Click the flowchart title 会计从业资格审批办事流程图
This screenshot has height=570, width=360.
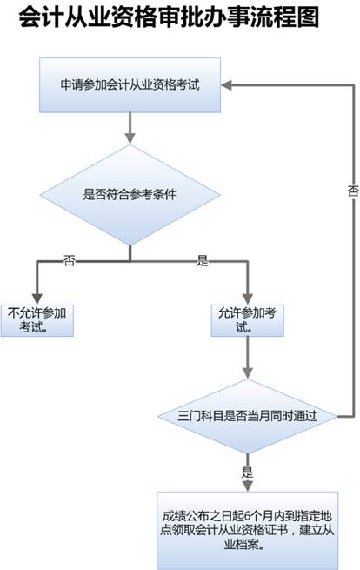pos(169,17)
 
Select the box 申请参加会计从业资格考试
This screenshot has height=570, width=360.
pos(130,84)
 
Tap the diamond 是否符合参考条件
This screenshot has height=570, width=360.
pos(130,194)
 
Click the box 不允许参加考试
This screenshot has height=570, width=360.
pos(37,320)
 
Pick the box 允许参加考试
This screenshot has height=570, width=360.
pos(247,320)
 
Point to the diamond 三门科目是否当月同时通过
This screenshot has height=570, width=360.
pos(247,416)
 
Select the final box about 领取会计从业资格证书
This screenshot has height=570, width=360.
pos(247,530)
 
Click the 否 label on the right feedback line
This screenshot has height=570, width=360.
pos(353,191)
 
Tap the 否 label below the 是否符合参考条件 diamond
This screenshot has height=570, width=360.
pos(69,260)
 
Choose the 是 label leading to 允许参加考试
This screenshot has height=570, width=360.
pos(203,260)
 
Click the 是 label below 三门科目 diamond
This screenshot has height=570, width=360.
pos(247,472)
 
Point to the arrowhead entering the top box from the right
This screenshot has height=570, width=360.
pos(226,85)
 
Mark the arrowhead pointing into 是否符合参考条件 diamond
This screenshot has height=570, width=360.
pos(130,138)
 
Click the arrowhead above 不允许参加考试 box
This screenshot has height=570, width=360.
pos(37,298)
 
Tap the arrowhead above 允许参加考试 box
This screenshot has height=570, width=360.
pos(247,298)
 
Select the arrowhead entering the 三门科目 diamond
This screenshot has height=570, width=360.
pos(247,373)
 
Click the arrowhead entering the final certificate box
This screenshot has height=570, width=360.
pos(247,486)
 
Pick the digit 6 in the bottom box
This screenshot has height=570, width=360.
pos(247,516)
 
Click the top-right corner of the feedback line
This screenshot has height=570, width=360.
pos(353,85)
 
